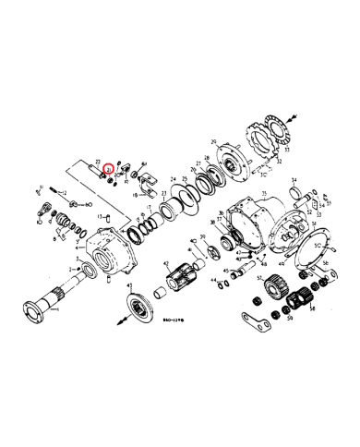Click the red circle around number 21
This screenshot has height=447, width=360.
tap(108, 170)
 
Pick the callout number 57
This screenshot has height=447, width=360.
tap(260, 277)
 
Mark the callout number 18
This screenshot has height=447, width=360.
tap(135, 196)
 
